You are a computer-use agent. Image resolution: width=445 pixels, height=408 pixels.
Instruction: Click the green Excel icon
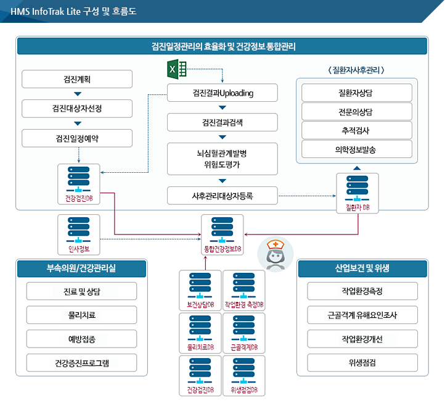[178, 69]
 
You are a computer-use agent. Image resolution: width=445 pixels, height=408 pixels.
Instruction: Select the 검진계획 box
[77, 79]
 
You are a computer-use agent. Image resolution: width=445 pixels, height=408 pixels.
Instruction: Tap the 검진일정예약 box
[77, 138]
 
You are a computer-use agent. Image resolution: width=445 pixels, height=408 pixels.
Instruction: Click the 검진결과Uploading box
[222, 93]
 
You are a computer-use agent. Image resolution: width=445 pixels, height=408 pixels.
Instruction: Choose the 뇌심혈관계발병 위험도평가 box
[222, 159]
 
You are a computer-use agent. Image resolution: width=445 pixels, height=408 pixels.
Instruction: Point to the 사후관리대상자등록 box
[222, 196]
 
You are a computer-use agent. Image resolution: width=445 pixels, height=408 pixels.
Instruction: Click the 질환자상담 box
[356, 93]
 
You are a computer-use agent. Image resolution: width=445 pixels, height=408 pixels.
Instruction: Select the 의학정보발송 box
[356, 149]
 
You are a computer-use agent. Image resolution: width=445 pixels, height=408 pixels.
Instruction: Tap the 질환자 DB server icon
[357, 191]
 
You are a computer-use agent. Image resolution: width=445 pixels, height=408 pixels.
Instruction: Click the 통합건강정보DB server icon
[222, 230]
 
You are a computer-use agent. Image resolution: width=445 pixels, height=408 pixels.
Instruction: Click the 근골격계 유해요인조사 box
[362, 314]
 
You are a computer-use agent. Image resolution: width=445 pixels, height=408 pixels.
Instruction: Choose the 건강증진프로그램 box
[81, 362]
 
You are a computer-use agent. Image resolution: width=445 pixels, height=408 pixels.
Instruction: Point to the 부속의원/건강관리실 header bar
[81, 269]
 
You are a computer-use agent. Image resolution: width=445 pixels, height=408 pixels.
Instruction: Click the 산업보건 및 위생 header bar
[362, 269]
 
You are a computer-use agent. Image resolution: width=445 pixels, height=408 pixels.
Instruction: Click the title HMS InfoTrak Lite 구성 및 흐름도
[74, 11]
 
